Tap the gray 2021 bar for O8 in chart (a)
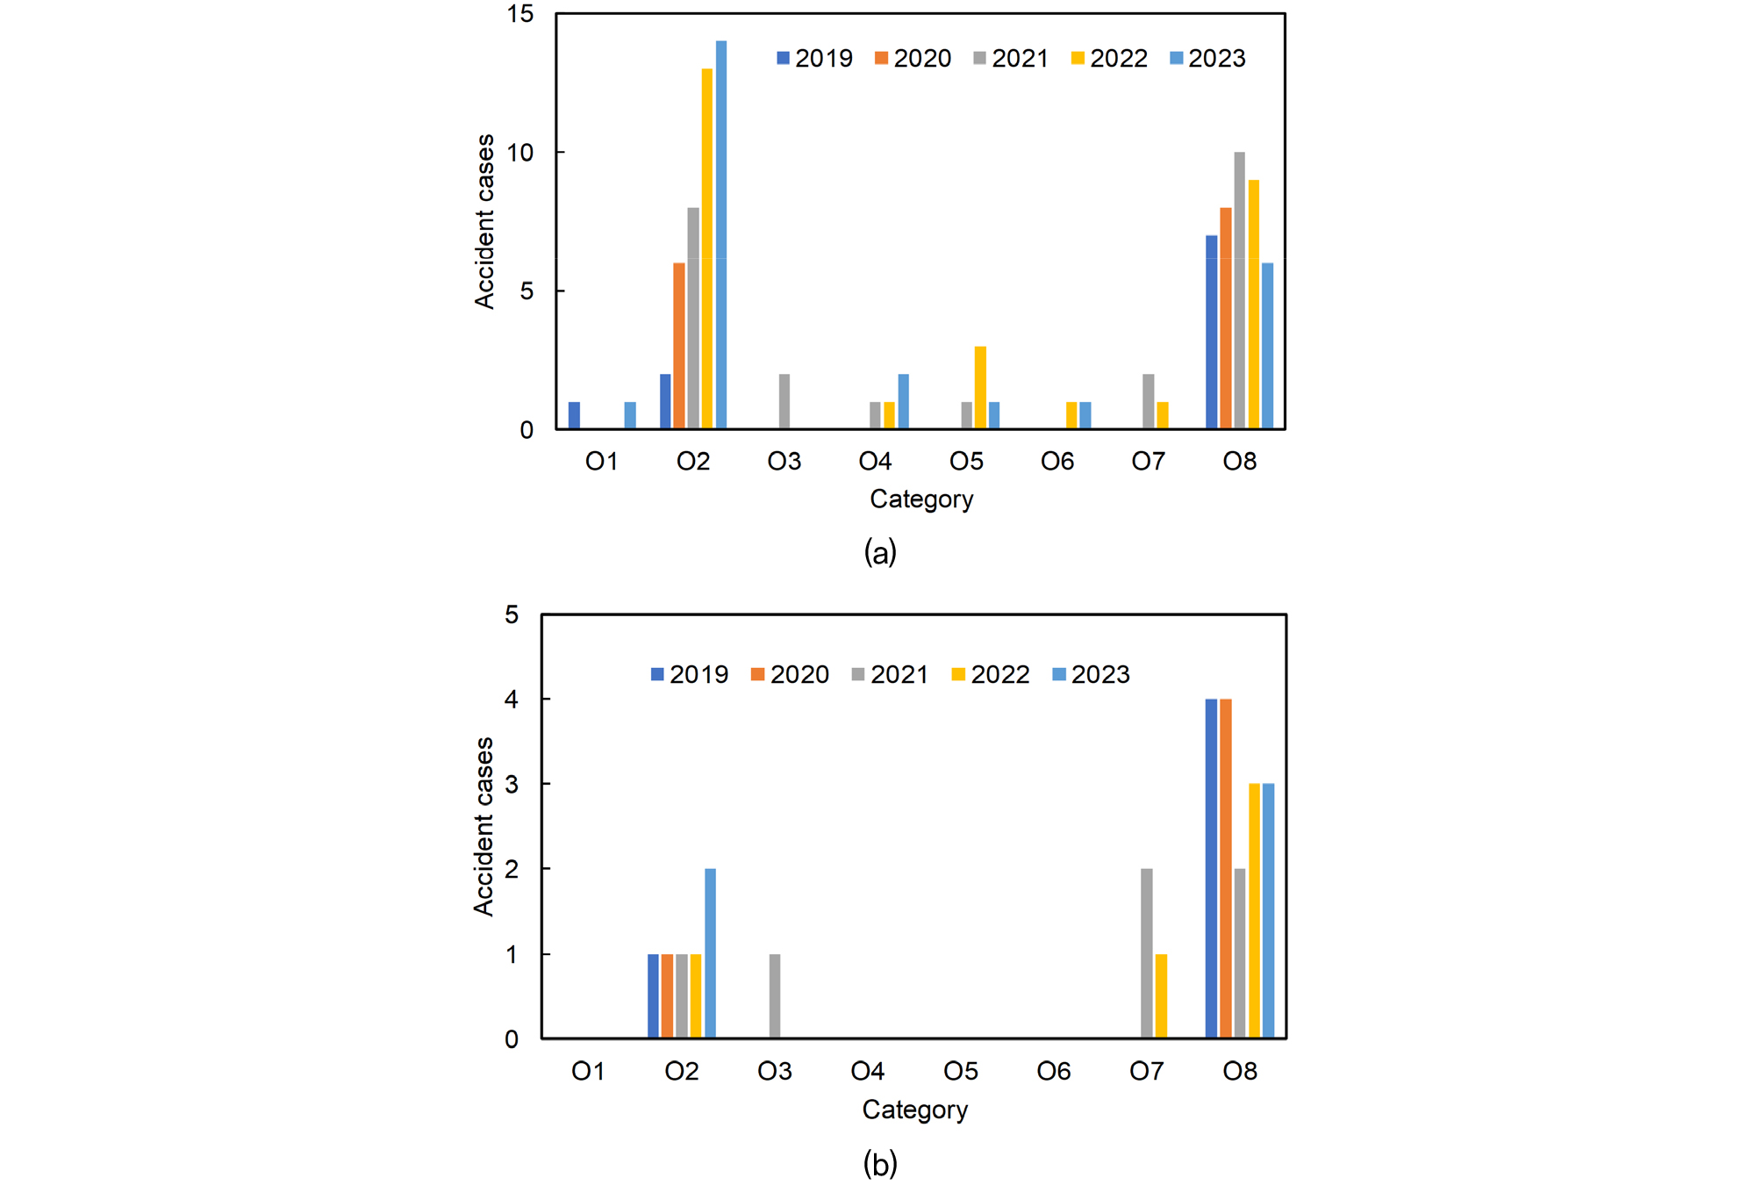tap(1239, 291)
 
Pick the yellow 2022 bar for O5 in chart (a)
tap(980, 387)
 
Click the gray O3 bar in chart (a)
tap(784, 401)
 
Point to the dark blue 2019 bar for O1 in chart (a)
tap(574, 415)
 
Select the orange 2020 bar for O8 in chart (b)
tap(1225, 868)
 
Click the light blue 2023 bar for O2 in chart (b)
tap(710, 953)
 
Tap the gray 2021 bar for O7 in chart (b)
tap(1147, 953)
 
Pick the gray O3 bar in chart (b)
tap(775, 996)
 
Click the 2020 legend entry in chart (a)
tap(913, 59)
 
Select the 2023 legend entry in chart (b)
tap(1091, 674)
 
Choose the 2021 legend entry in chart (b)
tap(890, 674)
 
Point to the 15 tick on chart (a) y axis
tap(520, 14)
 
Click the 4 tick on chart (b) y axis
tap(512, 700)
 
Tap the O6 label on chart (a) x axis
tap(1057, 462)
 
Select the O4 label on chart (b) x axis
tap(868, 1071)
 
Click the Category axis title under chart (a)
tap(921, 499)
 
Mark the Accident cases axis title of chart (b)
tap(484, 826)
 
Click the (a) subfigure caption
tap(880, 553)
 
